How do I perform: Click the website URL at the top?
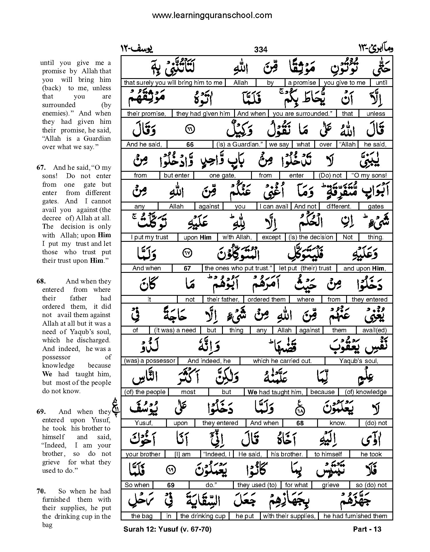tap(212, 15)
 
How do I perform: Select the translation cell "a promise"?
tap(302, 83)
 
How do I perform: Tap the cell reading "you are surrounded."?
tap(302, 114)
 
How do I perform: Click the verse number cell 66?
tap(190, 145)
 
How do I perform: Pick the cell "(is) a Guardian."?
tap(239, 144)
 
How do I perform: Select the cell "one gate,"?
tap(222, 175)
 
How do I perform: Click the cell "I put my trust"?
tap(149, 238)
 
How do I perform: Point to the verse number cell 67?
tap(187, 269)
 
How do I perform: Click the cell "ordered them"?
tap(266, 300)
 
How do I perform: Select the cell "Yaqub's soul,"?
tap(358, 361)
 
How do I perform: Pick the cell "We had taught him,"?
tap(275, 392)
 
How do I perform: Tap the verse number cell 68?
tap(300, 423)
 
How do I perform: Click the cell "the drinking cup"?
tap(203, 516)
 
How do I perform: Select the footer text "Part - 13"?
tap(367, 529)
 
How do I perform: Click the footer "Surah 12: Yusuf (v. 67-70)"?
tap(167, 529)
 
